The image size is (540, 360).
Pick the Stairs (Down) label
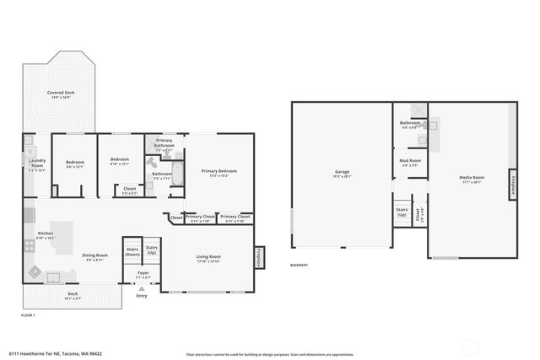click(x=132, y=251)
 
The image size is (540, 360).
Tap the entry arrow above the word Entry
click(x=141, y=288)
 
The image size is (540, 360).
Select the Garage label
click(x=342, y=173)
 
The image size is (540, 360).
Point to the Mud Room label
click(x=410, y=162)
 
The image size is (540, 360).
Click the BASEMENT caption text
click(x=300, y=265)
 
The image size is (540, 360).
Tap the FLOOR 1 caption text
click(x=30, y=314)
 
